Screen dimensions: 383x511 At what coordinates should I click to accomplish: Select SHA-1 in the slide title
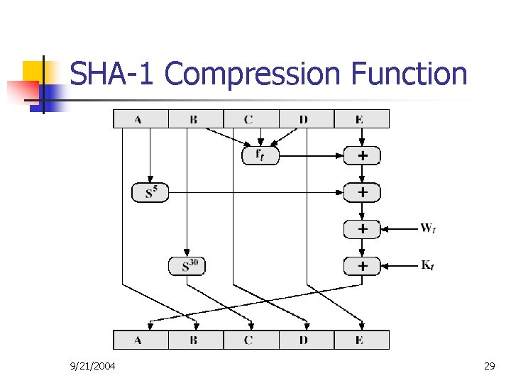[x=114, y=73]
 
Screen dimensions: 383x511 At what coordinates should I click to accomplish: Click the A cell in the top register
[x=138, y=119]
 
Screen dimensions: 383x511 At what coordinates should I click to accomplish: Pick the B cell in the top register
[x=193, y=119]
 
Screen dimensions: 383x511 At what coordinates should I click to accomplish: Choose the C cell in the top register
[x=248, y=119]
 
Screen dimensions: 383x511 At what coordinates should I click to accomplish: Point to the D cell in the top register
[x=304, y=119]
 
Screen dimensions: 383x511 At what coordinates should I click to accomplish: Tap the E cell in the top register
[x=360, y=119]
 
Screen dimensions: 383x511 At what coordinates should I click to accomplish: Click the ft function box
[x=260, y=155]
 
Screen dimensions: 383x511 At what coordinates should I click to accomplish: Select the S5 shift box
[x=150, y=192]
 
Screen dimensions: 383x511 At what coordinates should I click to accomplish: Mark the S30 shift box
[x=187, y=266]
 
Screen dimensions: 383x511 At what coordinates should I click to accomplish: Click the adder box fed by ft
[x=362, y=155]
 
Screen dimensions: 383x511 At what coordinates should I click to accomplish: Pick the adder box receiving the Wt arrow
[x=362, y=229]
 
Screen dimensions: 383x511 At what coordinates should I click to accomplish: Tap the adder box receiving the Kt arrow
[x=362, y=266]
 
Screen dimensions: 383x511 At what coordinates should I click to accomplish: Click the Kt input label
[x=428, y=265]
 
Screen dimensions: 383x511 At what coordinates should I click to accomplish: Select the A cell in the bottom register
[x=138, y=340]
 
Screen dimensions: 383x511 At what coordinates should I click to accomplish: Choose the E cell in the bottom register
[x=360, y=340]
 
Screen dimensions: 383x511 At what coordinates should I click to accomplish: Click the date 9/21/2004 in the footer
[x=93, y=366]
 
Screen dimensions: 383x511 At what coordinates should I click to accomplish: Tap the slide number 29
[x=489, y=366]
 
